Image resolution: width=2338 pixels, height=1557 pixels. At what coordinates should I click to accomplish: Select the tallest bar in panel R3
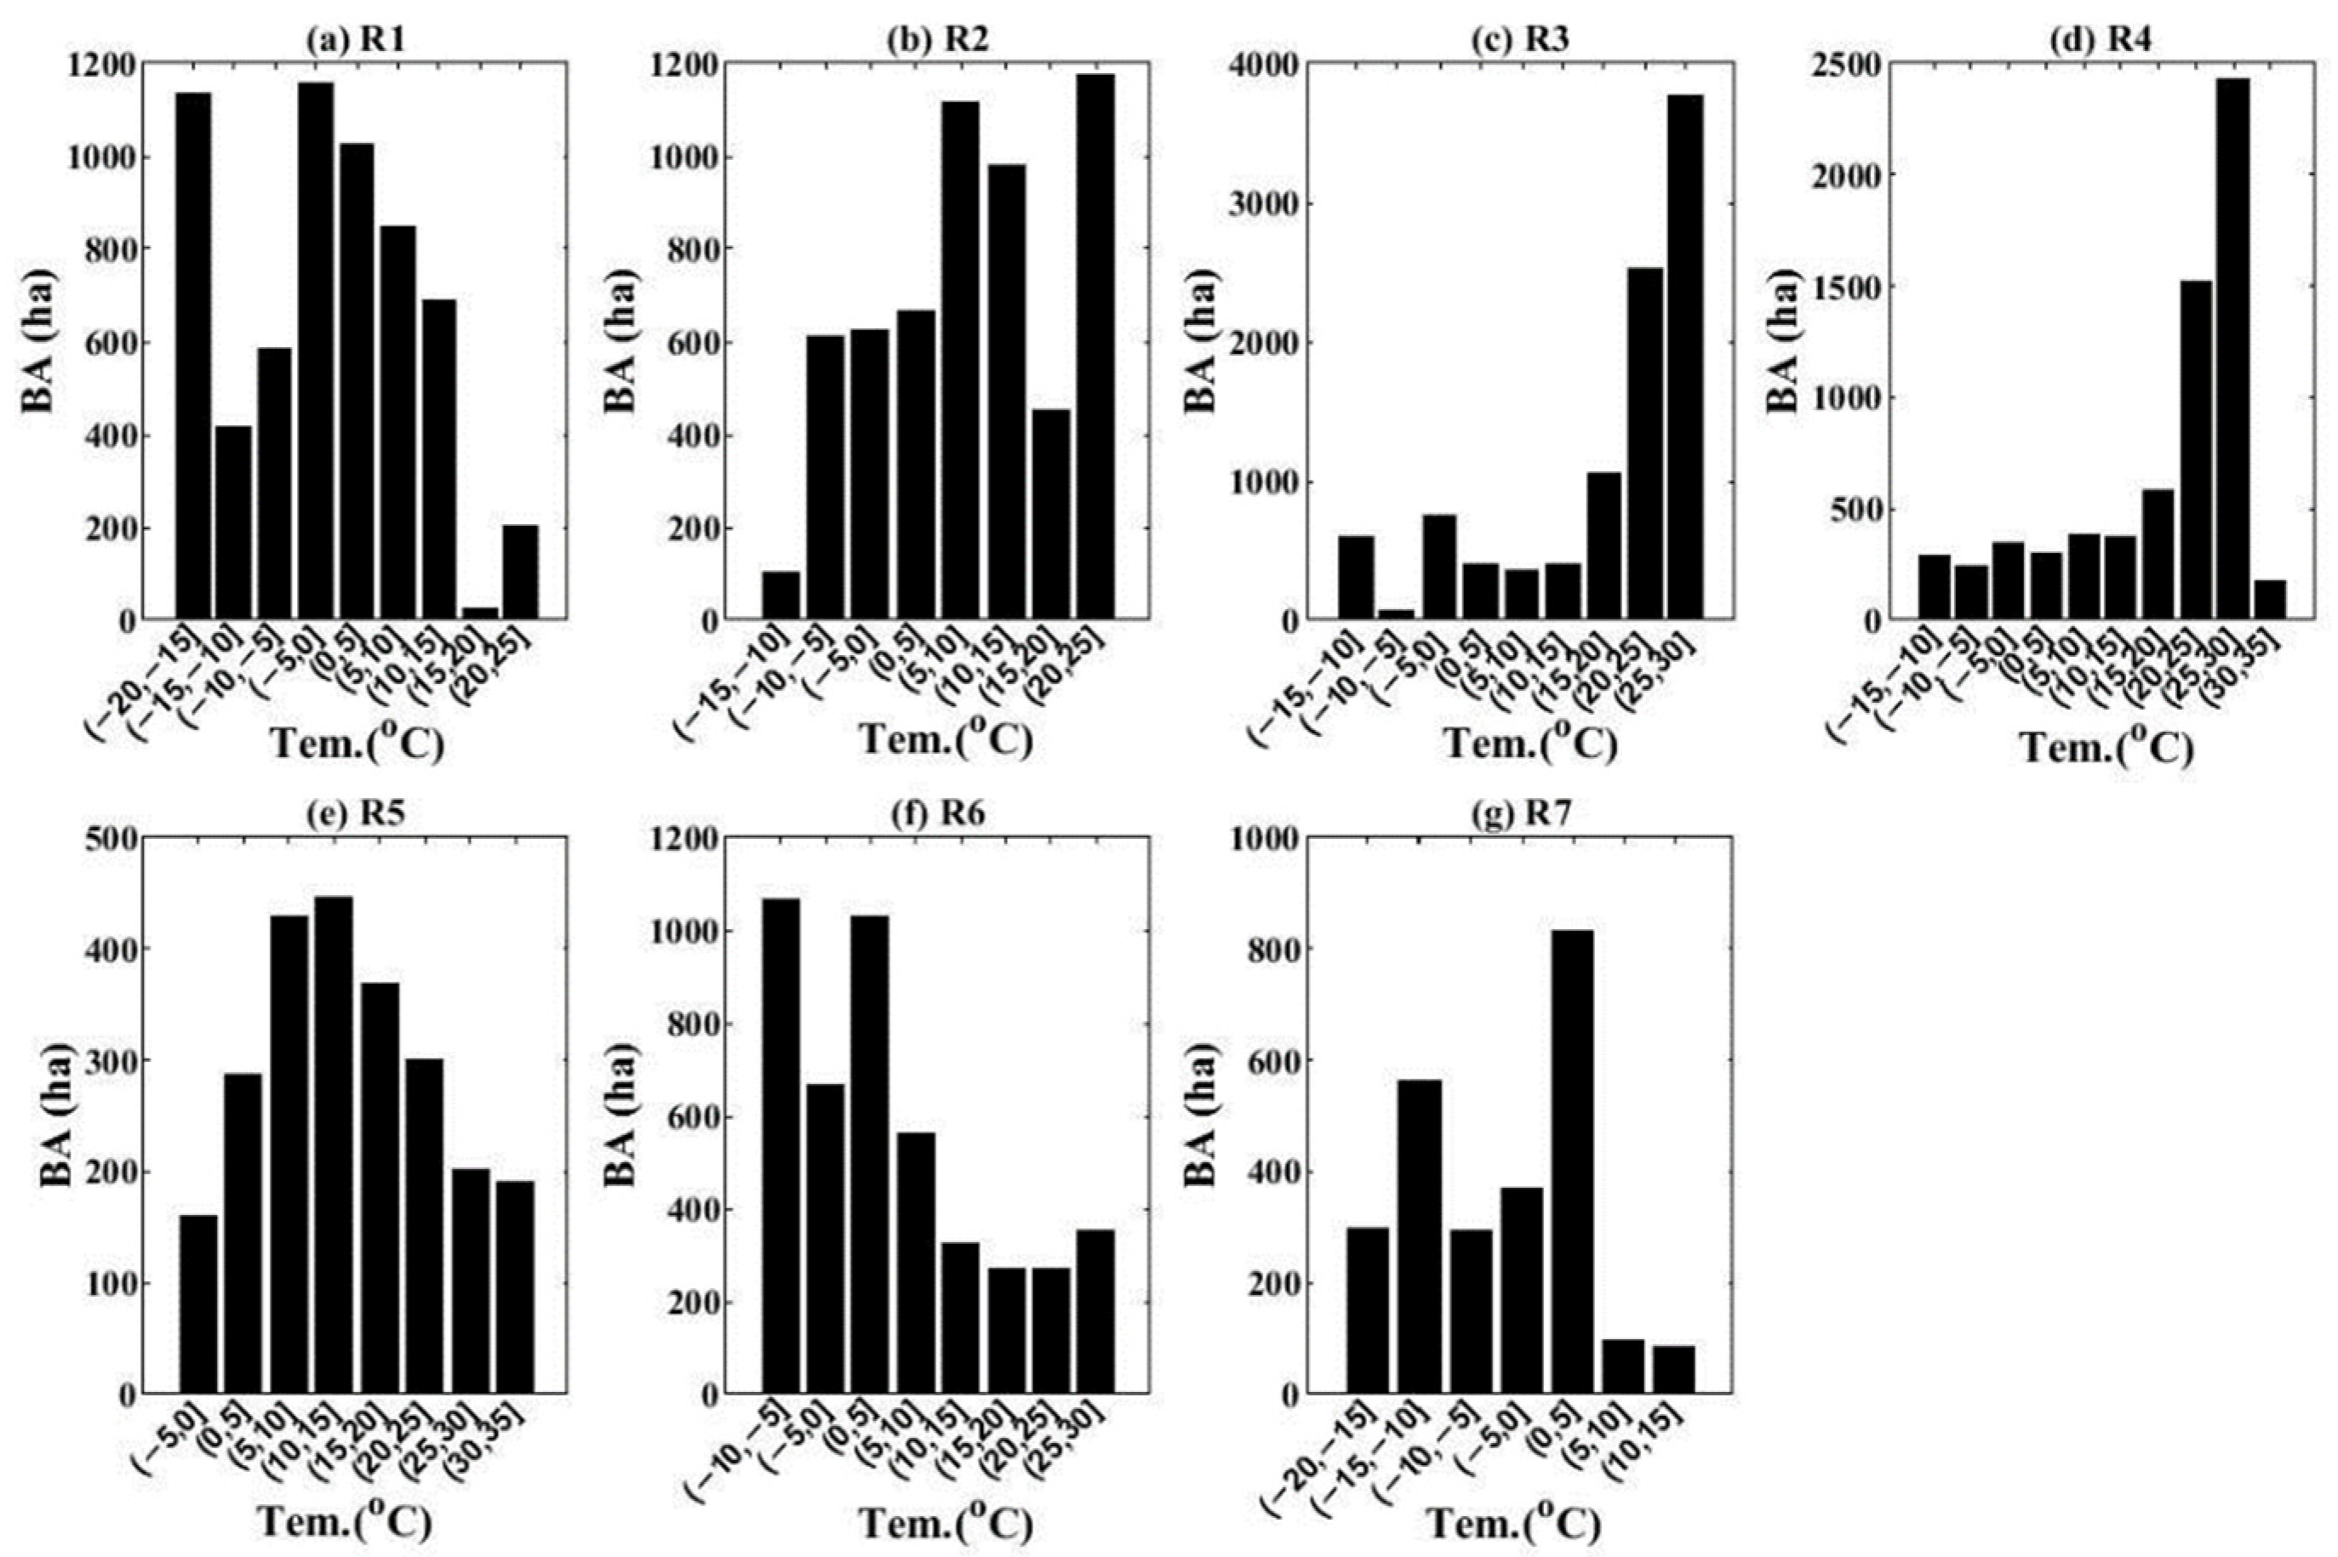tap(1685, 357)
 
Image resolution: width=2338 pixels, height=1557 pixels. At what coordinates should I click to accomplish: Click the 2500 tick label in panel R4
tap(1848, 65)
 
